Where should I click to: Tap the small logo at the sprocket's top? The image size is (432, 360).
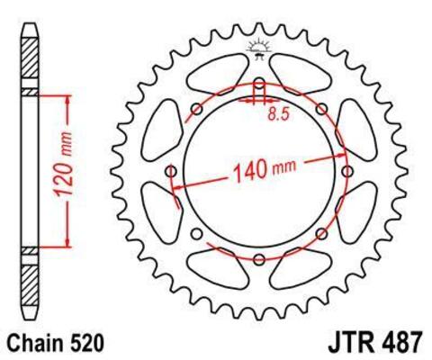(x=259, y=47)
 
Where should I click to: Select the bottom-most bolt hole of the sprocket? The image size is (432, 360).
(x=259, y=259)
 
